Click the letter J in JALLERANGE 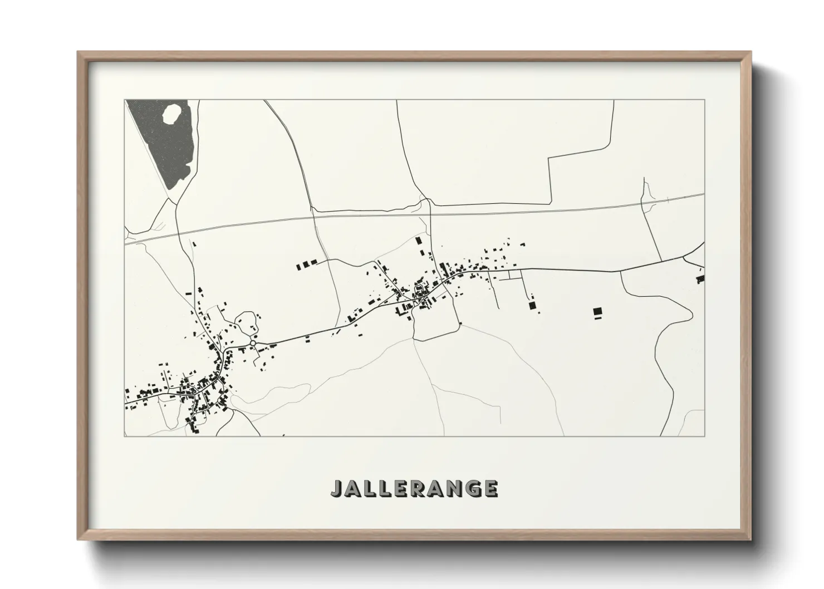pos(337,488)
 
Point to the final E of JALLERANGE pos(490,488)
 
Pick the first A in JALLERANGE pos(355,488)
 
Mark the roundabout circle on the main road pos(254,344)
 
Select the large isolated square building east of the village pos(597,311)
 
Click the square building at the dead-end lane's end pos(532,305)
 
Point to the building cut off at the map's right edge pos(701,278)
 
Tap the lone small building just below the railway pos(194,243)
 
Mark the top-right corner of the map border pos(704,100)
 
